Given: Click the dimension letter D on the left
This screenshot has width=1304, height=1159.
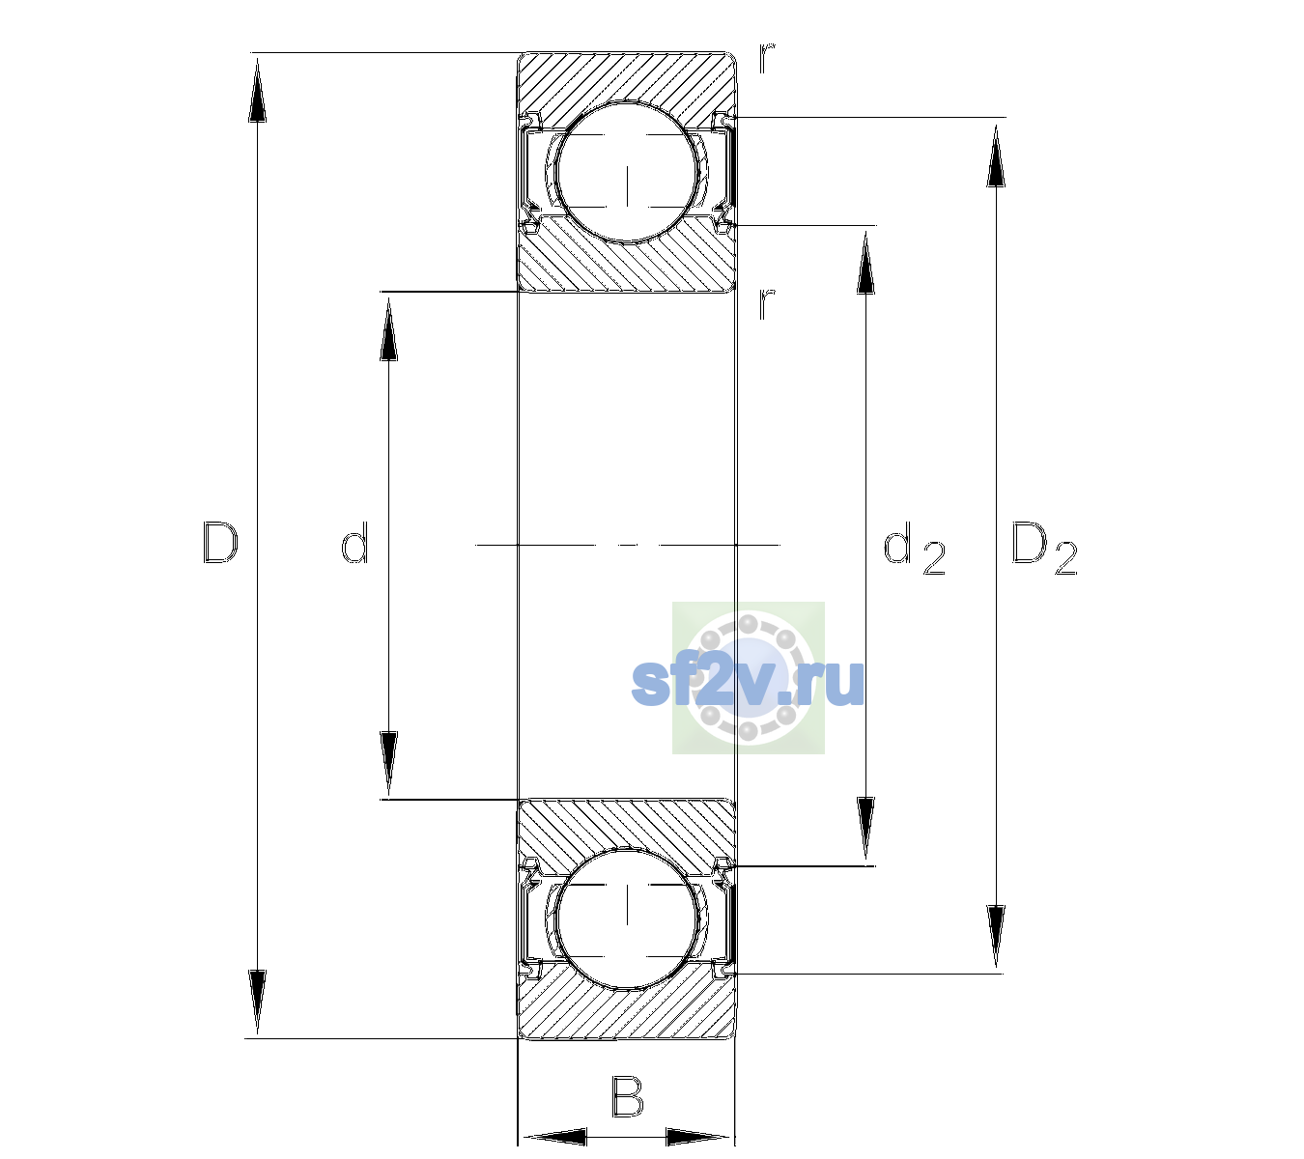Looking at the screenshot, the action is click(220, 543).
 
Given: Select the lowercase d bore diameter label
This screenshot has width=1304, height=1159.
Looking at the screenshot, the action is click(354, 543).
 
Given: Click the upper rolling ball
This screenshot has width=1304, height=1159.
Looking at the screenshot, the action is click(627, 173).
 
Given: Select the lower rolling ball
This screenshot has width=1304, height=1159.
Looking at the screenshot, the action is click(627, 918).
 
